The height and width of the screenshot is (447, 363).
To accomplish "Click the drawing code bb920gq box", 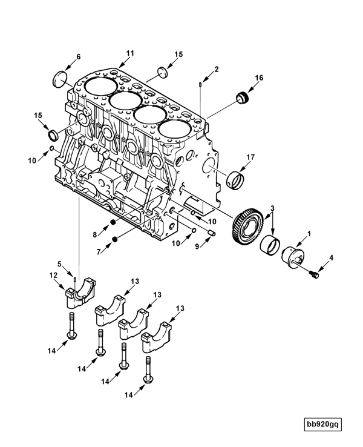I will (323, 425).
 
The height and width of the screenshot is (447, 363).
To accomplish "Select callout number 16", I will (259, 78).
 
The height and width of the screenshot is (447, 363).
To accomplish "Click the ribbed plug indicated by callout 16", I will (243, 96).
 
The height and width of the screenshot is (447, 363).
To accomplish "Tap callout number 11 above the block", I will (129, 53).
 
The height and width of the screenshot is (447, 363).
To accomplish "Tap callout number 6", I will (77, 57).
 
